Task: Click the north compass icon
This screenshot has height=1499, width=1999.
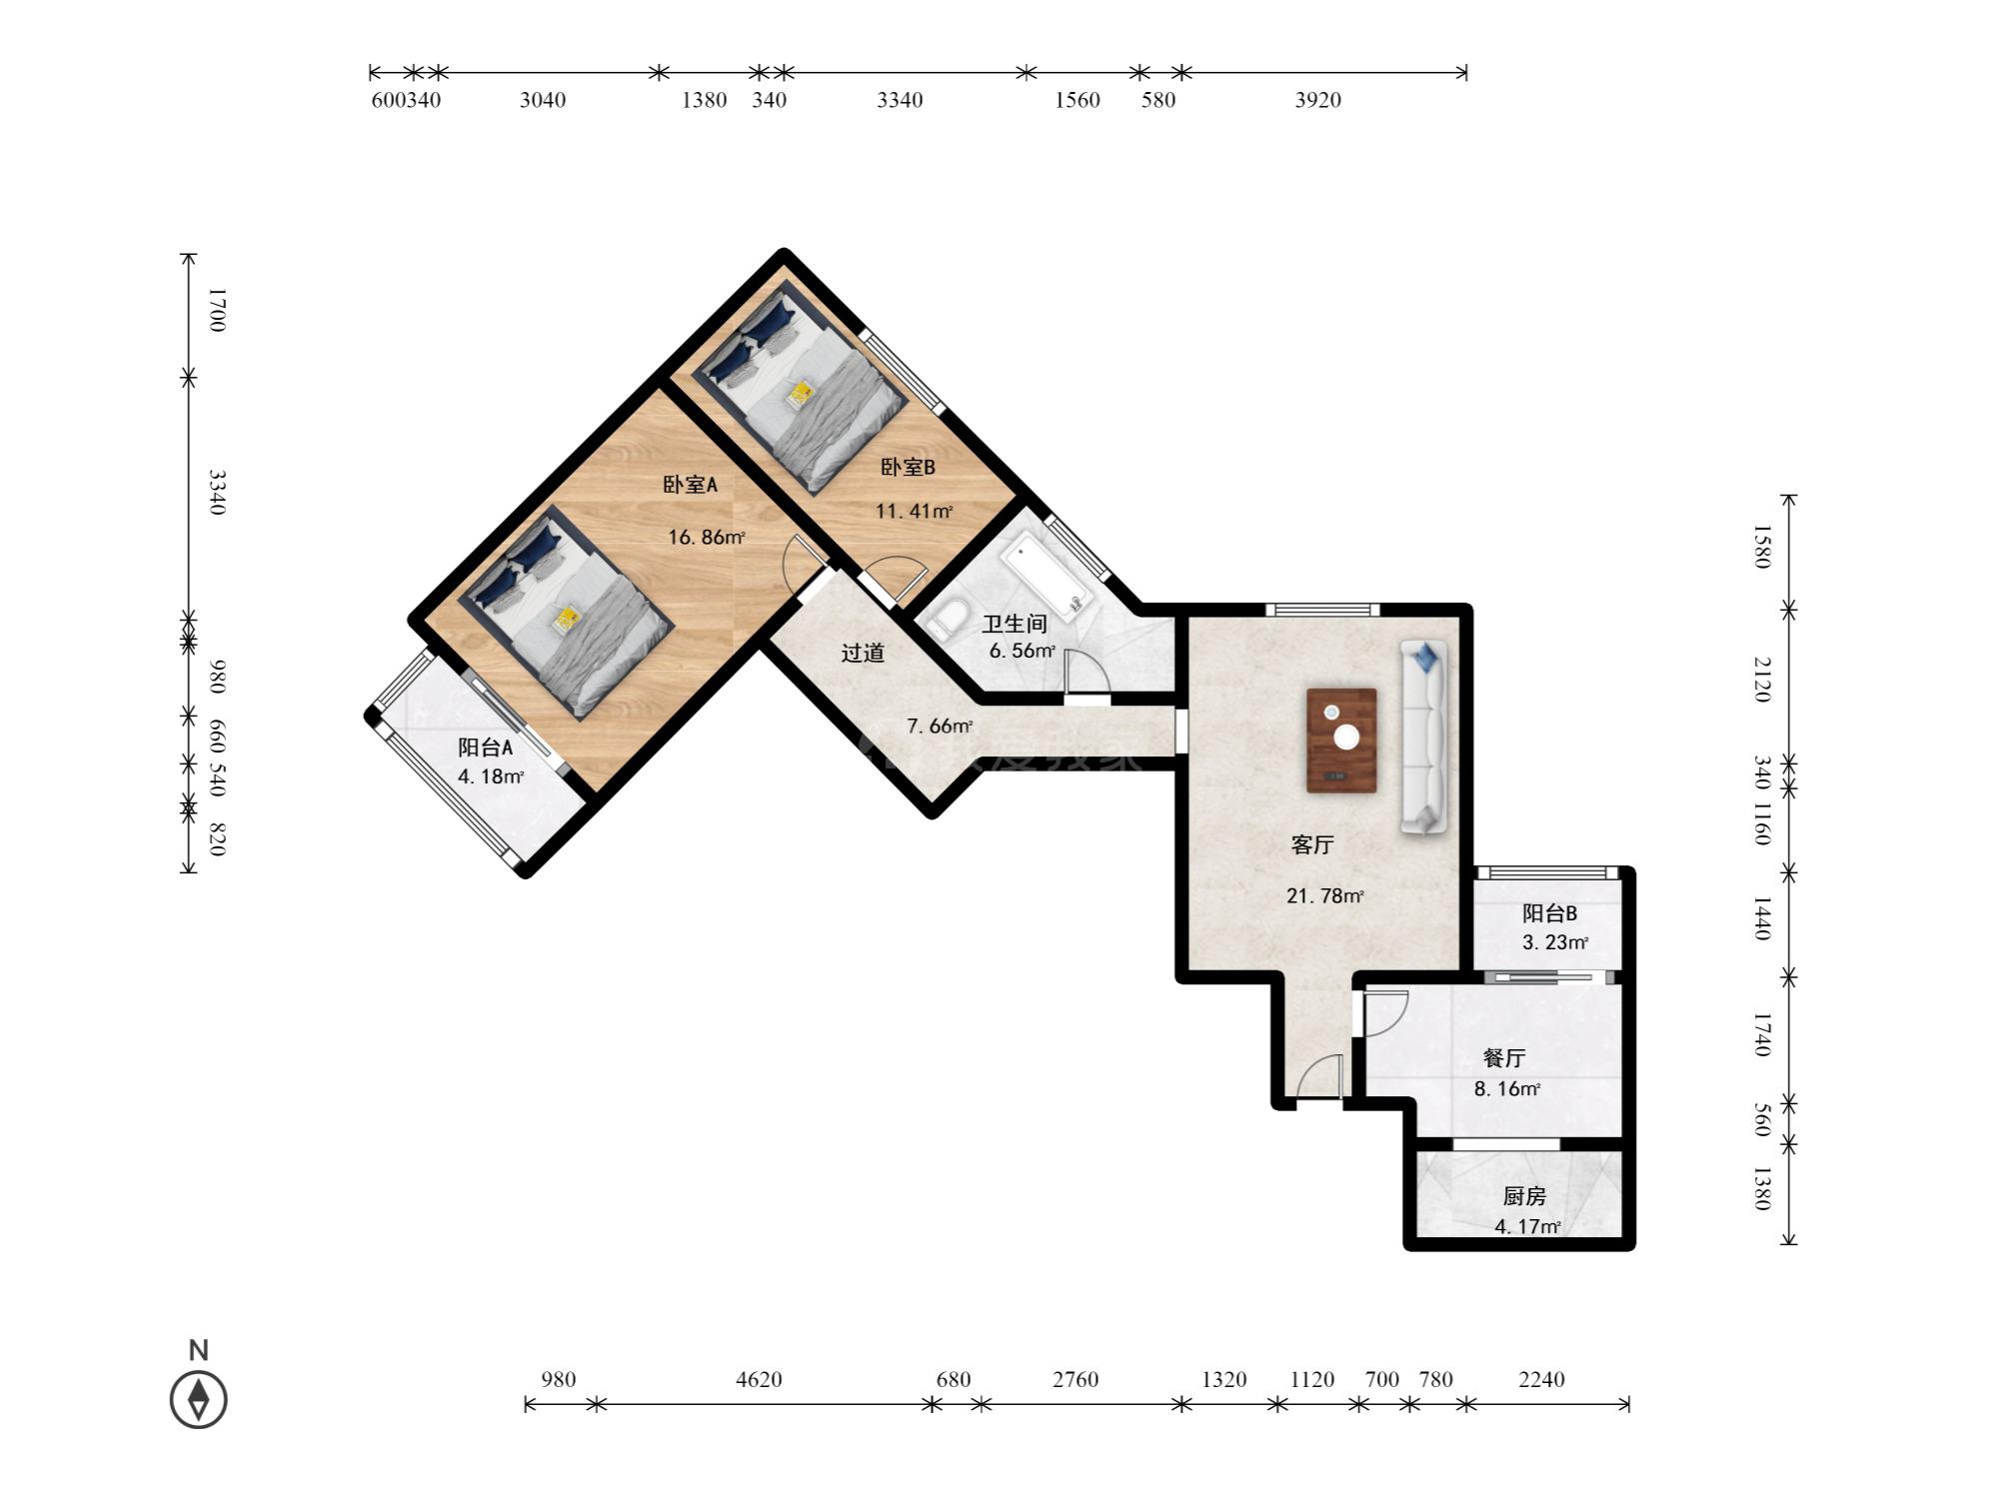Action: (x=199, y=1399)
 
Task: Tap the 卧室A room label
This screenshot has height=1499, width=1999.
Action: (x=691, y=485)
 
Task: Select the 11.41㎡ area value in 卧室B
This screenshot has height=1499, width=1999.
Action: (x=915, y=512)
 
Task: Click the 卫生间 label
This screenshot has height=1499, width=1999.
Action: (x=1014, y=625)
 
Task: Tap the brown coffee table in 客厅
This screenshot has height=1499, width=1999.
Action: (x=1341, y=740)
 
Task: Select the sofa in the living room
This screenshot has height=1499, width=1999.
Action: (x=1423, y=737)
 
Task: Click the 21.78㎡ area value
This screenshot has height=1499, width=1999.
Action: (x=1325, y=896)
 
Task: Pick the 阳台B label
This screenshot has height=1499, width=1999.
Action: (x=1550, y=913)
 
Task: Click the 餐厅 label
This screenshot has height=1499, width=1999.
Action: (x=1504, y=1058)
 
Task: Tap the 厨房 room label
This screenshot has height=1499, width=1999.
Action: (x=1525, y=1196)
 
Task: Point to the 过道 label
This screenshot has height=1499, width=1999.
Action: (x=863, y=654)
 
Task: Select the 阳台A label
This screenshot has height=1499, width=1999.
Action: (x=486, y=748)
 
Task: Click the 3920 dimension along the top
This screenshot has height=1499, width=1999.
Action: (x=1318, y=100)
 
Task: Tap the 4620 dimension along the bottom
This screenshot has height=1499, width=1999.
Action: (x=759, y=1380)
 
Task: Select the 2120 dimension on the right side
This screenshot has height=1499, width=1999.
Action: (x=1762, y=680)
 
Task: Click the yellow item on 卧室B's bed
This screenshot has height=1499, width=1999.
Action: (x=801, y=394)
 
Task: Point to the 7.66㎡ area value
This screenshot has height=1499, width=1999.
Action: (x=940, y=727)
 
